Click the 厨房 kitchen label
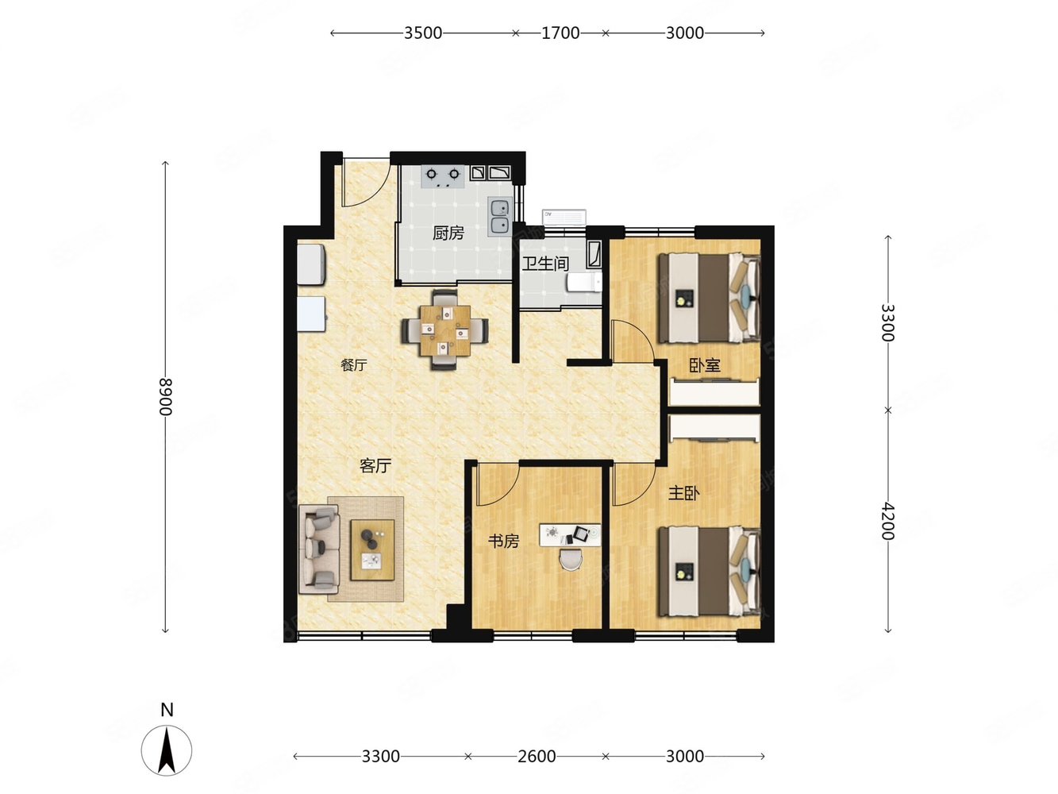[x=448, y=233]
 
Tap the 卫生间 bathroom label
[x=545, y=264]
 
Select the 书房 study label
[x=504, y=541]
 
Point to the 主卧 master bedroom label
[x=683, y=493]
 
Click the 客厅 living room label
[x=375, y=465]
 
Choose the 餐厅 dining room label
[x=354, y=365]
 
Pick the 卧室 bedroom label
[x=705, y=365]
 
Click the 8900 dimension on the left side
[x=166, y=397]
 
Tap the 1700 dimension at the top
[x=560, y=33]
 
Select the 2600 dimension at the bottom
[x=537, y=757]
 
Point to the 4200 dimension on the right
[x=888, y=521]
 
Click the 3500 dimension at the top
[x=423, y=33]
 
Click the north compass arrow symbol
[x=167, y=750]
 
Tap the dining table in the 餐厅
[x=445, y=330]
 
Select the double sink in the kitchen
[x=500, y=217]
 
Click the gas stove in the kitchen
[x=442, y=176]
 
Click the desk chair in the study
[x=571, y=561]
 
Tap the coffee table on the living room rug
[x=372, y=549]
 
